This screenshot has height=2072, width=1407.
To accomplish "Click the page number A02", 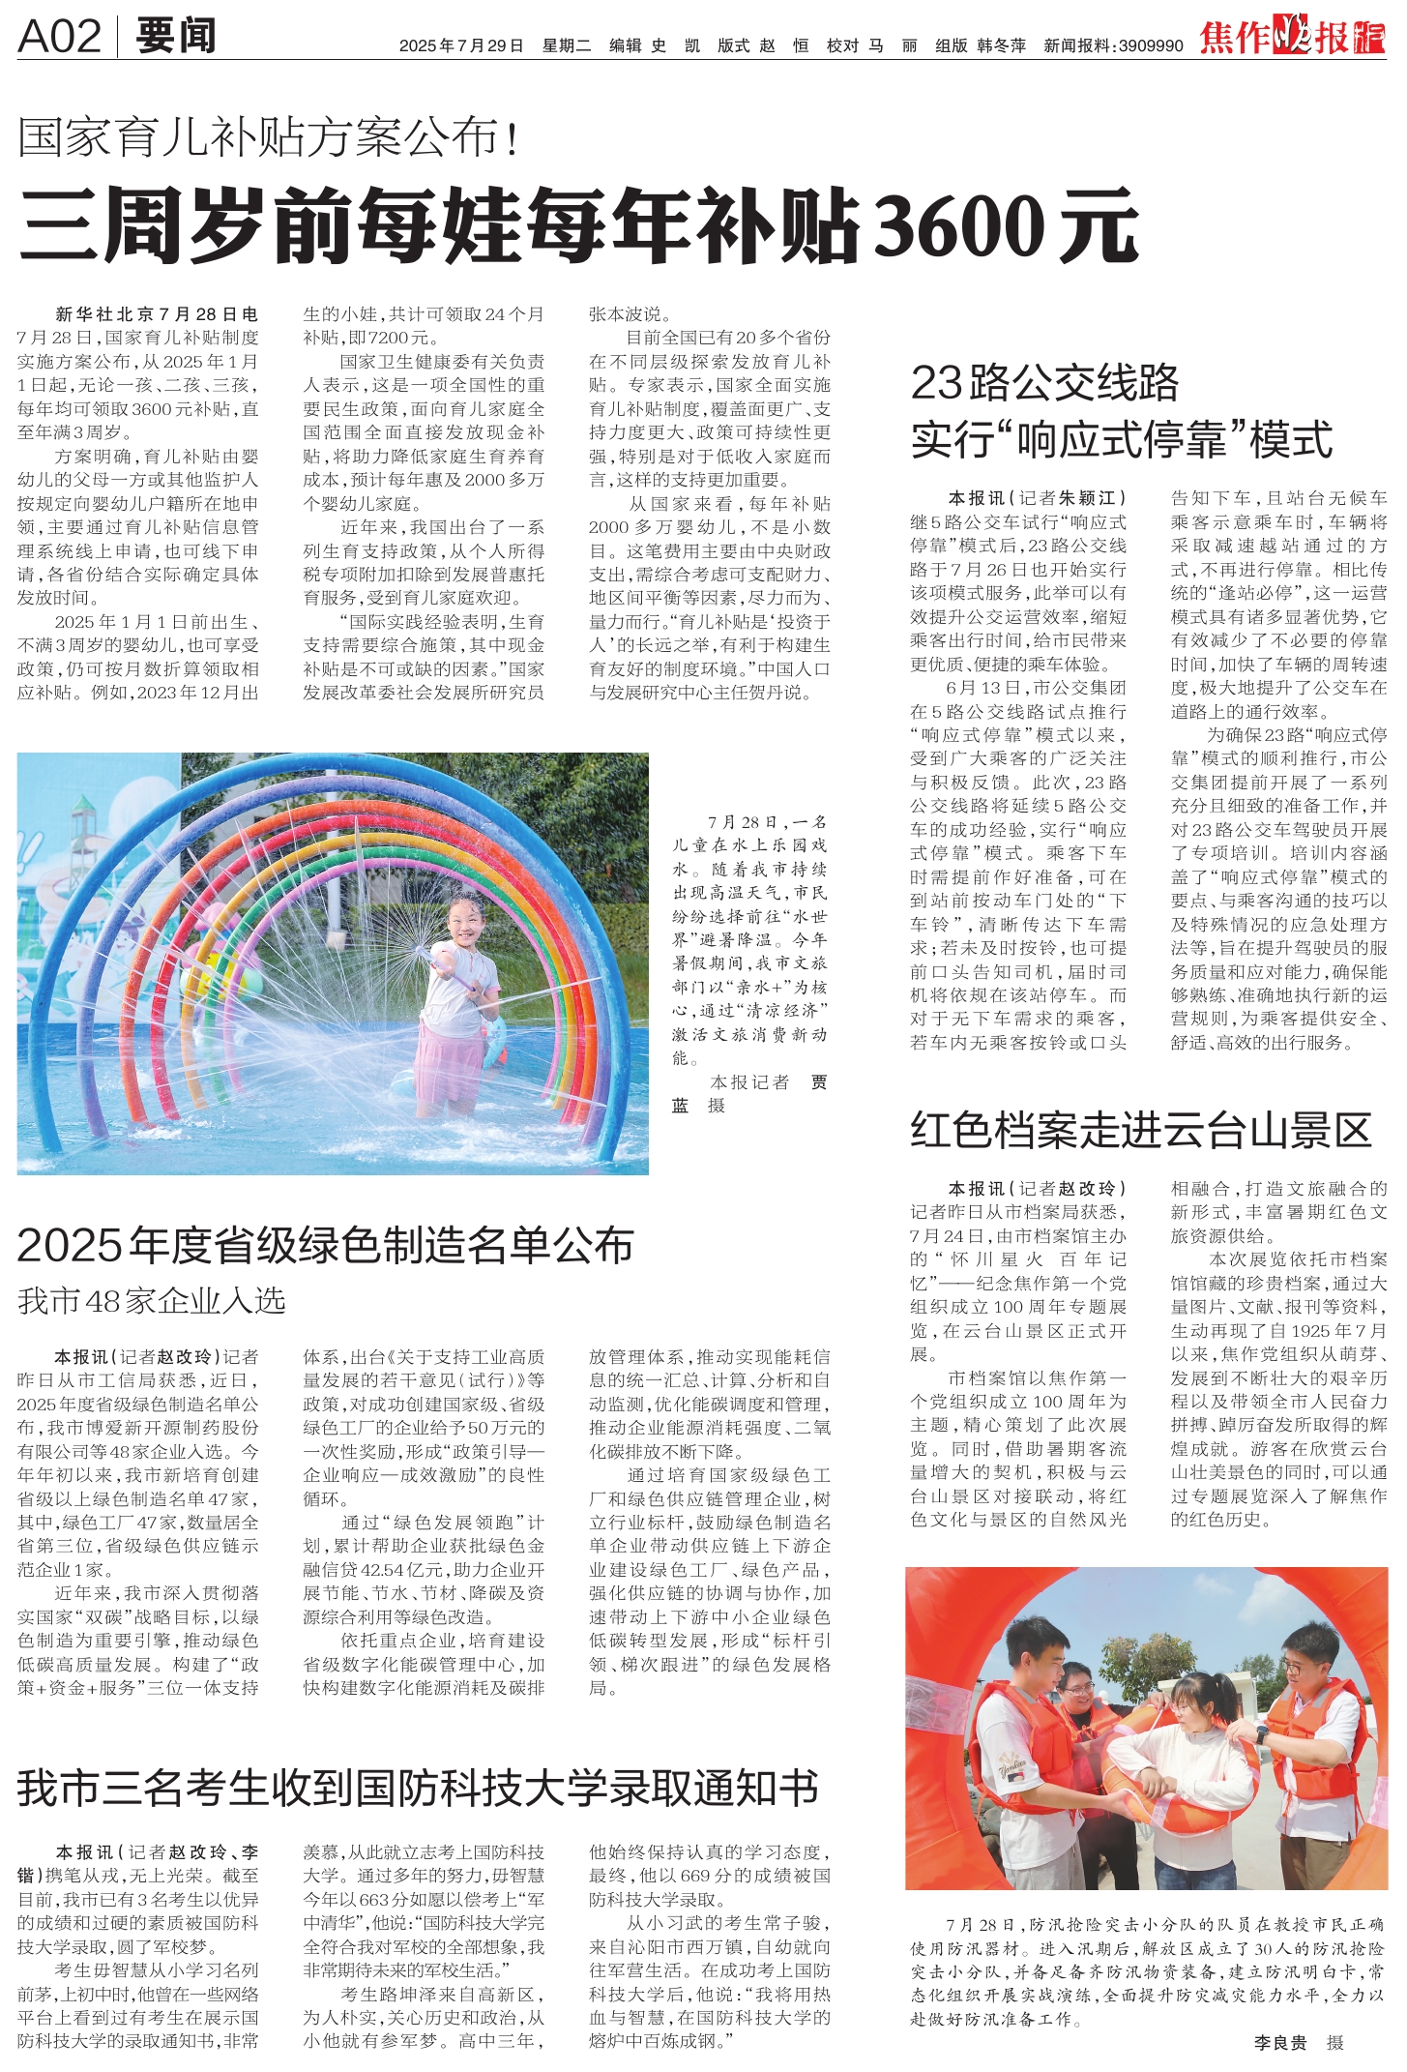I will click(x=59, y=37).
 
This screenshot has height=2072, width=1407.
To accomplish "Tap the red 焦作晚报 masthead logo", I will click(x=1292, y=37).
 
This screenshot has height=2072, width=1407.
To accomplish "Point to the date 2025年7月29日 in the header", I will click(x=461, y=45).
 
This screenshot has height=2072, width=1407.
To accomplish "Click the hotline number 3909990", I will click(x=1151, y=45).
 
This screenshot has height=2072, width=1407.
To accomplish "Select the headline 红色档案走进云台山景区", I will click(x=1141, y=1130).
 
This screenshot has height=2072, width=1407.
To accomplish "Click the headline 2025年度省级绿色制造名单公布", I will click(x=325, y=1245).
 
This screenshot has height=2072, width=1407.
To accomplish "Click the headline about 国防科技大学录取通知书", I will click(x=419, y=1789).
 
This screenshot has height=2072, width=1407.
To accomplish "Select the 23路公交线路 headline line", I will click(x=1045, y=383).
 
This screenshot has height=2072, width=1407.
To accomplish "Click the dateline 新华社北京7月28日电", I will click(x=157, y=314).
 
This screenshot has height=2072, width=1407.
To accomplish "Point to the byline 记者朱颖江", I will click(x=1072, y=498).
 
